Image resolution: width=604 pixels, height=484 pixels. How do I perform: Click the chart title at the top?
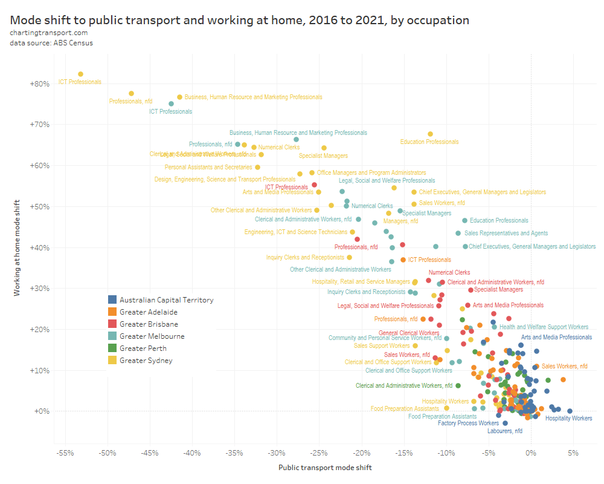(x=239, y=20)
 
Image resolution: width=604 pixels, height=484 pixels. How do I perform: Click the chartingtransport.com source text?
(x=48, y=33)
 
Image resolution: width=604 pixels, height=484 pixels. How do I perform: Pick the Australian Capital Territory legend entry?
(x=166, y=299)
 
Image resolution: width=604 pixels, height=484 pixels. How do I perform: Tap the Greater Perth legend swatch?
(x=112, y=348)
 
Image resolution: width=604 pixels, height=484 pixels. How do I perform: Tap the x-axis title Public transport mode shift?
(x=325, y=468)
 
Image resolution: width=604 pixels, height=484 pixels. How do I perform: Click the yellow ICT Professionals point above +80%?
(x=80, y=74)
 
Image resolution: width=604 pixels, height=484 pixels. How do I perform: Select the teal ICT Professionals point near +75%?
(x=171, y=103)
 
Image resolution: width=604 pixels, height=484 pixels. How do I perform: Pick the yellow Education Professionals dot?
(x=430, y=134)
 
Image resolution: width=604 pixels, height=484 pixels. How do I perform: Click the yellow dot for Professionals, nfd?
(x=131, y=93)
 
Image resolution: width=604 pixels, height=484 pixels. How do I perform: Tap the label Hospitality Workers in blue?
(x=568, y=418)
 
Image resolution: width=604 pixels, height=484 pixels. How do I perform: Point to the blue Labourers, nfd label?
(x=505, y=431)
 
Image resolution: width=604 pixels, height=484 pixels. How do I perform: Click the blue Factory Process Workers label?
(x=468, y=423)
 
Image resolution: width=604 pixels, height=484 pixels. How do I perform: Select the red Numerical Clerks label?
(x=449, y=273)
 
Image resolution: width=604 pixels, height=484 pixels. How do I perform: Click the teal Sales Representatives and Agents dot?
(x=458, y=233)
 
